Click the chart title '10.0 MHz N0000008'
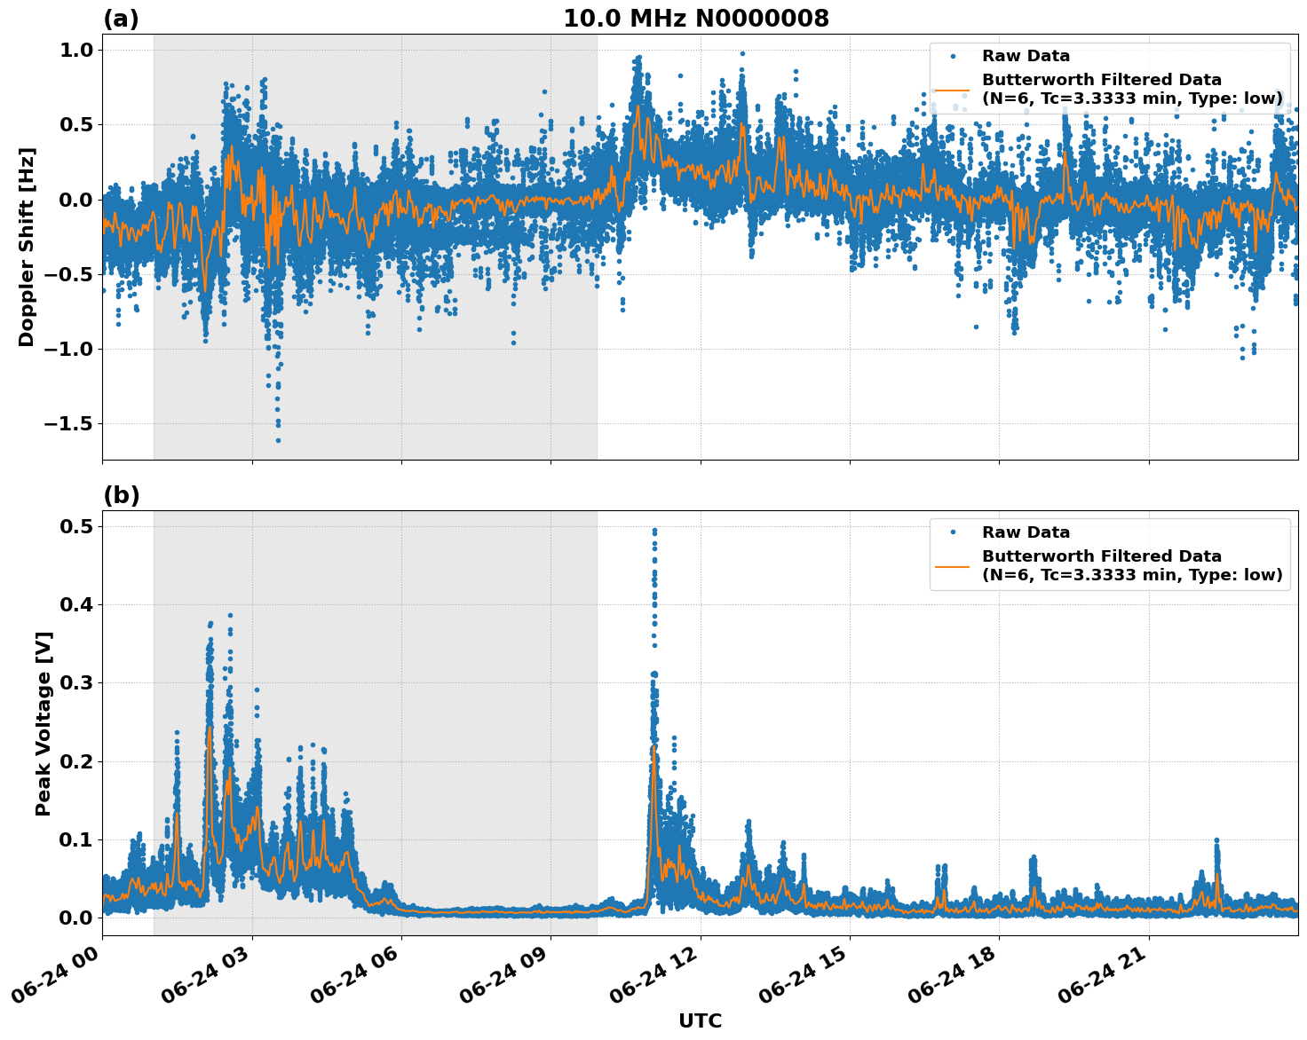(695, 19)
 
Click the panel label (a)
(121, 19)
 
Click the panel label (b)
(121, 495)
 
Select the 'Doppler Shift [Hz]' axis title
(27, 247)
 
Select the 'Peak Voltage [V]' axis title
(43, 723)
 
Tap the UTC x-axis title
(700, 1020)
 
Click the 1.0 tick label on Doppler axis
(75, 51)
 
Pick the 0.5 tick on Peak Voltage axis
(75, 526)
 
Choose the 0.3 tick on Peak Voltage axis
(75, 682)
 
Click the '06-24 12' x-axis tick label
(657, 976)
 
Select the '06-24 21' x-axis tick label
(1105, 976)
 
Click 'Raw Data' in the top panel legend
(1026, 56)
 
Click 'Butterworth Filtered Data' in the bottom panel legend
(1101, 556)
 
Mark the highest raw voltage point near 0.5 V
(654, 530)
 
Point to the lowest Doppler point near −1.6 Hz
(278, 440)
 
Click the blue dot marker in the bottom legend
(953, 532)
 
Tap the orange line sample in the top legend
(953, 89)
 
